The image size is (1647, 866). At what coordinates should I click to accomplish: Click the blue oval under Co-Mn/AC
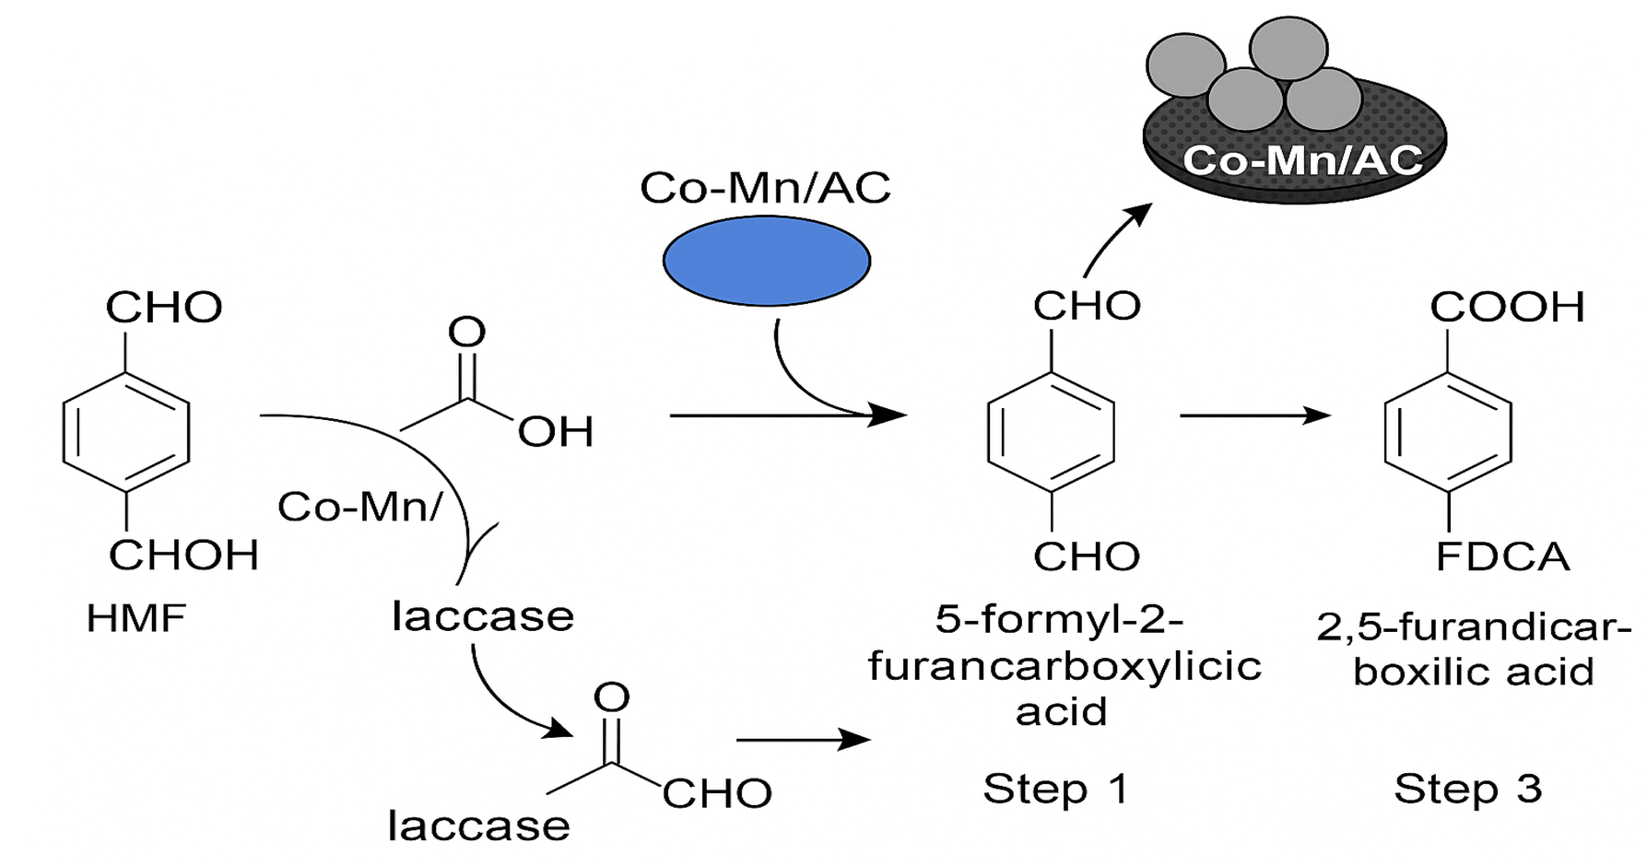pos(766,261)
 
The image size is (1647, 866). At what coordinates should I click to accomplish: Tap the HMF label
pos(136,618)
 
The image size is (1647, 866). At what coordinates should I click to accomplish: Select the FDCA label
pos(1502,557)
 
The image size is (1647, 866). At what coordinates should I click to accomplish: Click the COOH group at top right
pos(1507,308)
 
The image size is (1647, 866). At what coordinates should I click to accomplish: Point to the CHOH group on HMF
pos(183,556)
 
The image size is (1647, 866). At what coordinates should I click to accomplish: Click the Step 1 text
pos(1055,790)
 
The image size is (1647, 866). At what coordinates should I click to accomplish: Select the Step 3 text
pos(1467,790)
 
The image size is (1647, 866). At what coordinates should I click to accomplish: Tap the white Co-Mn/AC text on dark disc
pos(1301,161)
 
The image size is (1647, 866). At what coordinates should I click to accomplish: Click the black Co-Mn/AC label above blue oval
pos(765,189)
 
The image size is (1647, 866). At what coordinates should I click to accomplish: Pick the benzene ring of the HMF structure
pos(126,431)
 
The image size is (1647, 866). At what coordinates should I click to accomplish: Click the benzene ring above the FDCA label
pos(1448,431)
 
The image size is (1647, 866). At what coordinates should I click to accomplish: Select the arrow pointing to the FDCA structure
pos(1254,415)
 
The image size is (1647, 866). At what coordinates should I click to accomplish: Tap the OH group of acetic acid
pos(555,432)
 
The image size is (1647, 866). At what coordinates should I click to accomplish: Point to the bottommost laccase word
pos(478,826)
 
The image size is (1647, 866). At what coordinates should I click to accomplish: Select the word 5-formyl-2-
pos(1059,619)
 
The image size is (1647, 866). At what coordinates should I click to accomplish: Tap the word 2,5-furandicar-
pos(1473,627)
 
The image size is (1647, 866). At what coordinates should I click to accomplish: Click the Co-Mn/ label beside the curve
pos(360,507)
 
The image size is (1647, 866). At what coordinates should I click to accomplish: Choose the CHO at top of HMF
pos(164,308)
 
